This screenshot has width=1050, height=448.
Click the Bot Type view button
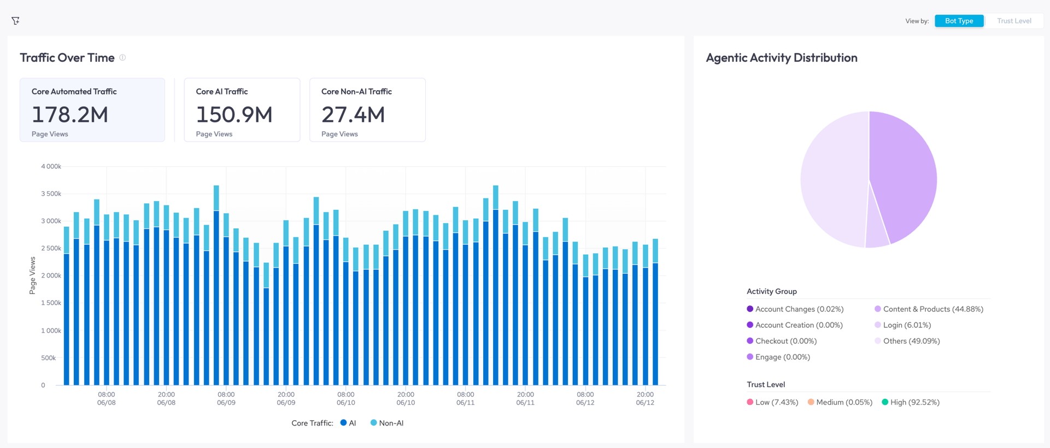959,21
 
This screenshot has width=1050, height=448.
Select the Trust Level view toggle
1014,21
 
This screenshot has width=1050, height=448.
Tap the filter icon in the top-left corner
15,21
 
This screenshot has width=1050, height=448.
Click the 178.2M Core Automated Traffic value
70,115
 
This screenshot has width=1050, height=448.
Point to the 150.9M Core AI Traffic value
234,115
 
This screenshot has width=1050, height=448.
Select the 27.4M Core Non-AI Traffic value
353,115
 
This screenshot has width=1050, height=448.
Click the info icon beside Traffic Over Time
122,57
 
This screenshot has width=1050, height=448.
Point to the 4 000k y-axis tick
51,166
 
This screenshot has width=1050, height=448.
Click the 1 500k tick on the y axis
51,303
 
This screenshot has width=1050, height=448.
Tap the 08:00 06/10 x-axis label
346,398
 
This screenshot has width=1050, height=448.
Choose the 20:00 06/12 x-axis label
645,398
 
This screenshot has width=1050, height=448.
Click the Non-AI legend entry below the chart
387,423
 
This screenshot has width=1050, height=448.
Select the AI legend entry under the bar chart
348,423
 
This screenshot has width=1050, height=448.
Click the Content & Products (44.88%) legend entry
929,309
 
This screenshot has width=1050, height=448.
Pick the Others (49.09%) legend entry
907,341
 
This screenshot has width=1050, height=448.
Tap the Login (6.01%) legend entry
903,325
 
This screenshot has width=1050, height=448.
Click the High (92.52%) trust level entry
911,402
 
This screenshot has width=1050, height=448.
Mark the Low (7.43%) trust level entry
772,402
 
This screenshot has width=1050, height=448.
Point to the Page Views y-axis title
32,275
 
